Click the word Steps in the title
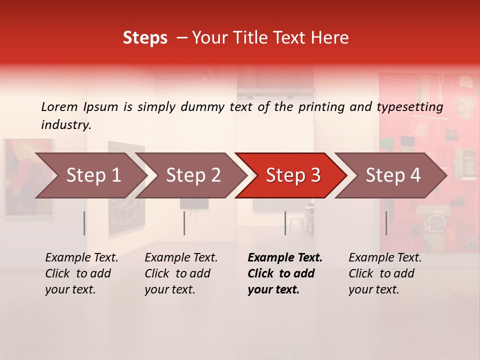[145, 38]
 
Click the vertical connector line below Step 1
[84, 223]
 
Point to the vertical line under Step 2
[184, 223]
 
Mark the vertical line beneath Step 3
[285, 223]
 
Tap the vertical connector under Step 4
[386, 223]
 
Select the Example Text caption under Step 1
[81, 273]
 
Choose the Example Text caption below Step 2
[181, 273]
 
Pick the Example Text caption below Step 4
[385, 273]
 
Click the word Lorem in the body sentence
[59, 107]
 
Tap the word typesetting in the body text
[409, 107]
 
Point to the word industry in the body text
[66, 125]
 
